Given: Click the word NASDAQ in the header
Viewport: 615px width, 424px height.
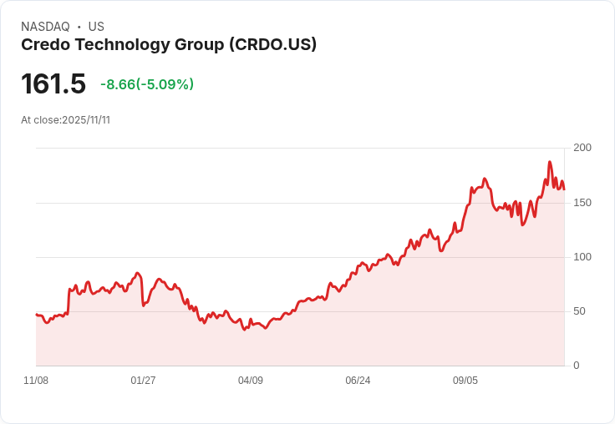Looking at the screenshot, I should pyautogui.click(x=46, y=27).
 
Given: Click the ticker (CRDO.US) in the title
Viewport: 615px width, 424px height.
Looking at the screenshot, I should pyautogui.click(x=272, y=45).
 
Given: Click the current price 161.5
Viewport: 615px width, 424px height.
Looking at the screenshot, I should pyautogui.click(x=53, y=84).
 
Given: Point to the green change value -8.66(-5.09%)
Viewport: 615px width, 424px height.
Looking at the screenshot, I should pyautogui.click(x=147, y=84).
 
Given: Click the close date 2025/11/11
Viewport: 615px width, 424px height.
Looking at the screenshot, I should pyautogui.click(x=86, y=120).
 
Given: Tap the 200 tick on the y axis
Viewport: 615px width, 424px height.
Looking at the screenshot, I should pyautogui.click(x=582, y=148).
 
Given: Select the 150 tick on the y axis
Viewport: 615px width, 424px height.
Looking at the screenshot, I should pyautogui.click(x=582, y=203).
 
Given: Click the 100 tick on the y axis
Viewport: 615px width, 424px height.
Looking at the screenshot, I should pyautogui.click(x=582, y=257).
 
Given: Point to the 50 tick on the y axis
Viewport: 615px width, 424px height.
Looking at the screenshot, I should pyautogui.click(x=579, y=311).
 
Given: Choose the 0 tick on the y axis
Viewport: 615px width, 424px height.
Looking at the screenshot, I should pyautogui.click(x=577, y=366).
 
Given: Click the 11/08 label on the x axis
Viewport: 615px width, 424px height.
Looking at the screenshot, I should pyautogui.click(x=36, y=381).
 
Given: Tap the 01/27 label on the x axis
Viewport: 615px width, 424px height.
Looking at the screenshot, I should pyautogui.click(x=143, y=381).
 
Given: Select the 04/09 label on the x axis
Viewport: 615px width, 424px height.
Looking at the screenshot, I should pyautogui.click(x=251, y=381).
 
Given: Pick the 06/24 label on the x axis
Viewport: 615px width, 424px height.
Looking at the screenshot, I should pyautogui.click(x=358, y=381).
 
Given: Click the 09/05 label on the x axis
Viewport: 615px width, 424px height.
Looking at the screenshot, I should pyautogui.click(x=465, y=381).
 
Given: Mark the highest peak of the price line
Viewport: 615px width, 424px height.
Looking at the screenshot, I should pyautogui.click(x=550, y=162).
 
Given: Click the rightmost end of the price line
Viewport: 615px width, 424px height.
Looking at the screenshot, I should pyautogui.click(x=564, y=189).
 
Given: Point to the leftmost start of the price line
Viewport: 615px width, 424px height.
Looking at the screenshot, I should pyautogui.click(x=36, y=315).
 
